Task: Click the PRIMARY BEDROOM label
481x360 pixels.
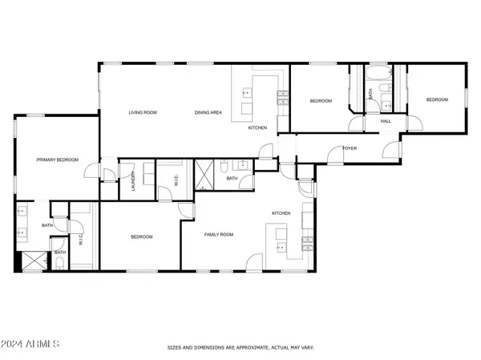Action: coord(58,160)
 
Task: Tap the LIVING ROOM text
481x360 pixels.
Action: coord(143,112)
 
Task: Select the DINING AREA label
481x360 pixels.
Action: coord(208,112)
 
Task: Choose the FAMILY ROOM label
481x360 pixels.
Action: coord(218,235)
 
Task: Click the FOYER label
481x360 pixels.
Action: coord(350,148)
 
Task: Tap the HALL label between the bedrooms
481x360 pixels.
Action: coord(386,121)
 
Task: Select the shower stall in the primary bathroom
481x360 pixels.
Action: coord(30,261)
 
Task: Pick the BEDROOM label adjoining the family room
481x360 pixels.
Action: coord(142,237)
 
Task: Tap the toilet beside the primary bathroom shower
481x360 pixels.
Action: coord(60,263)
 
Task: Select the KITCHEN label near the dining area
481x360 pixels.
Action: coord(257,128)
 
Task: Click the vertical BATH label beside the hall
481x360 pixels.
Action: coord(370,94)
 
